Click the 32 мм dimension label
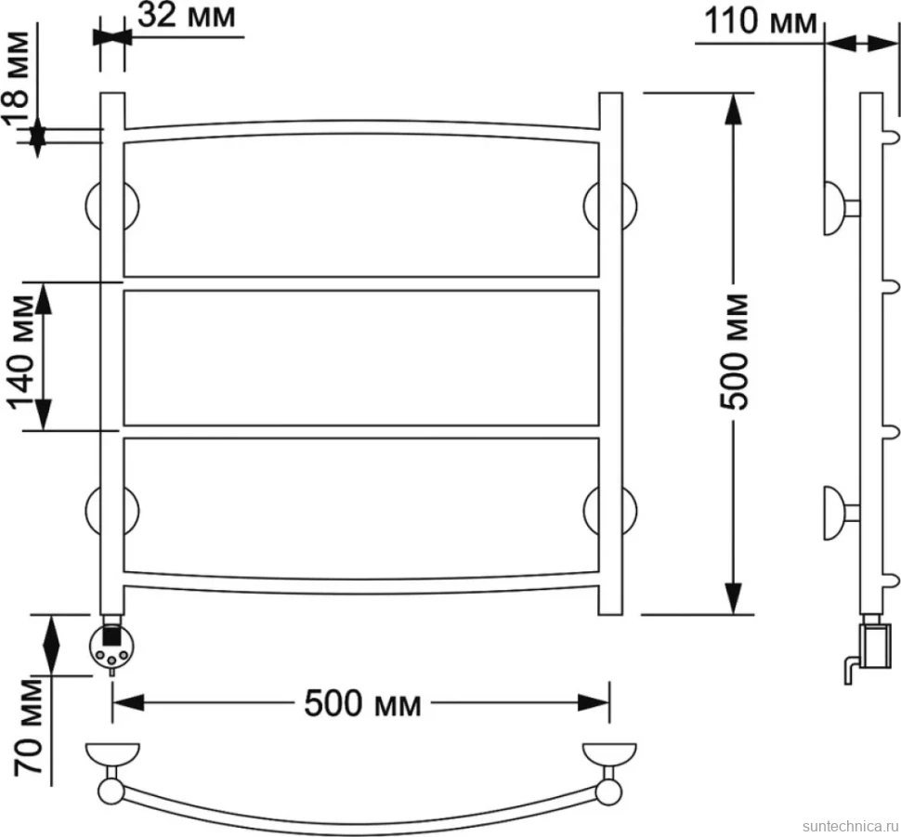tap(186, 16)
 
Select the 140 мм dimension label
tap(21, 353)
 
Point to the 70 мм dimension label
tap(29, 727)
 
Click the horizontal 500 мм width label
tap(362, 703)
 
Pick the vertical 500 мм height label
tap(735, 352)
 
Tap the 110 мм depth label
tap(760, 22)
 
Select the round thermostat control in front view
tap(112, 647)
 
